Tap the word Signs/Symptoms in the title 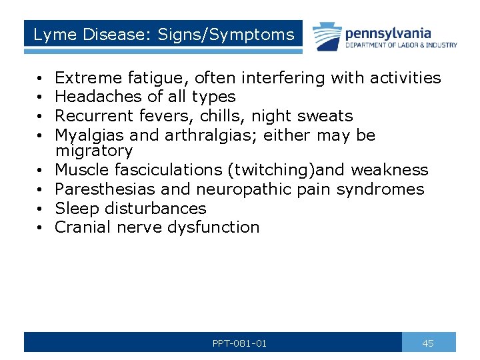[x=226, y=35]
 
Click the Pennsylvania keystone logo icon [x=326, y=37]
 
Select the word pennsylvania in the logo [x=388, y=33]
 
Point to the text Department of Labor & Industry [x=401, y=45]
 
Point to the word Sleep [x=74, y=208]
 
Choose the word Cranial [x=83, y=227]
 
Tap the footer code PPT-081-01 [x=239, y=343]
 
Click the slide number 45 [x=428, y=343]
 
